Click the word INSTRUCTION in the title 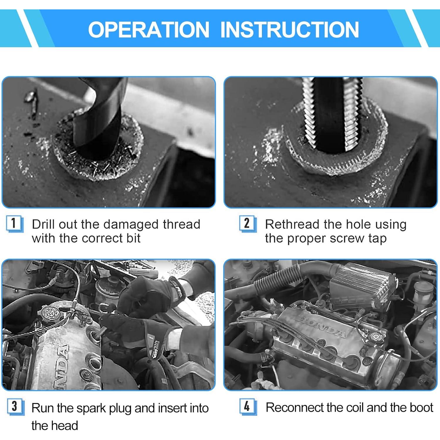tap(290, 29)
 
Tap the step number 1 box tap(14, 224)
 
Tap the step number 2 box tap(247, 224)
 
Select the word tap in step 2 tap(377, 239)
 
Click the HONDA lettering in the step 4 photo tap(323, 326)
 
